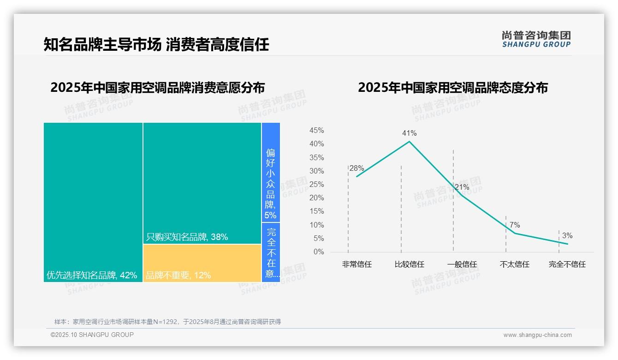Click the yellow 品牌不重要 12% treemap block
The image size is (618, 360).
click(x=202, y=263)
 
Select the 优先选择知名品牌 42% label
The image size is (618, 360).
click(x=92, y=276)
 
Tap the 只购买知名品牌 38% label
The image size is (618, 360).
click(x=187, y=237)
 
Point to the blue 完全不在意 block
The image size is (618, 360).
click(x=271, y=252)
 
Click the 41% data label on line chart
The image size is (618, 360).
click(x=409, y=133)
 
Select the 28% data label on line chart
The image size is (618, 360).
click(x=357, y=168)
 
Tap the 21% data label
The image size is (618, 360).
click(x=462, y=187)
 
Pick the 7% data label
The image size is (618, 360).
click(x=515, y=225)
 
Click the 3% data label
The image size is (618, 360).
click(x=567, y=236)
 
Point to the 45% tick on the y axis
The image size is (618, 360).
click(x=316, y=131)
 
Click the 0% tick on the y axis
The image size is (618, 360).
click(x=319, y=252)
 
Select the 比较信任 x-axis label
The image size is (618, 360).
click(x=410, y=264)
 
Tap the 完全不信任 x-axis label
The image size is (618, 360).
click(x=567, y=264)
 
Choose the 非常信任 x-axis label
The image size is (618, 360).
click(x=357, y=264)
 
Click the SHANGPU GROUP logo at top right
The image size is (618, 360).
click(x=536, y=39)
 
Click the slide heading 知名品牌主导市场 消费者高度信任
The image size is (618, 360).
click(x=156, y=45)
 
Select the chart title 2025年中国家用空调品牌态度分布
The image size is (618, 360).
click(x=453, y=88)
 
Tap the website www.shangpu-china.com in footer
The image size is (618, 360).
click(x=537, y=335)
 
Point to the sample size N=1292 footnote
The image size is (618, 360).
click(x=167, y=322)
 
